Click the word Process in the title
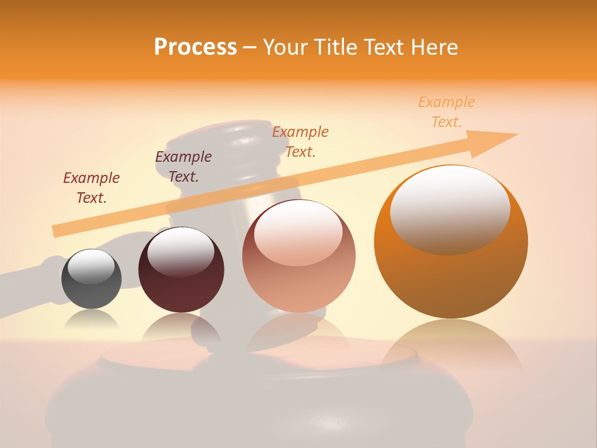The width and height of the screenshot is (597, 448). (195, 47)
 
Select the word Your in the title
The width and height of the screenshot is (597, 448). (287, 47)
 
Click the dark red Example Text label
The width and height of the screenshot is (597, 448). (91, 187)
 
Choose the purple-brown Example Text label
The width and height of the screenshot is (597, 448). (183, 166)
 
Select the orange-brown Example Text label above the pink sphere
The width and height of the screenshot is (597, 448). (300, 141)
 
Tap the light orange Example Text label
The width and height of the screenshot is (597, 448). (447, 111)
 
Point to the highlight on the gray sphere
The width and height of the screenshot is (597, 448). (91, 266)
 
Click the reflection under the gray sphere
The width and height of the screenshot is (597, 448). (91, 320)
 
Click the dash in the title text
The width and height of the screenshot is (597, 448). (249, 48)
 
